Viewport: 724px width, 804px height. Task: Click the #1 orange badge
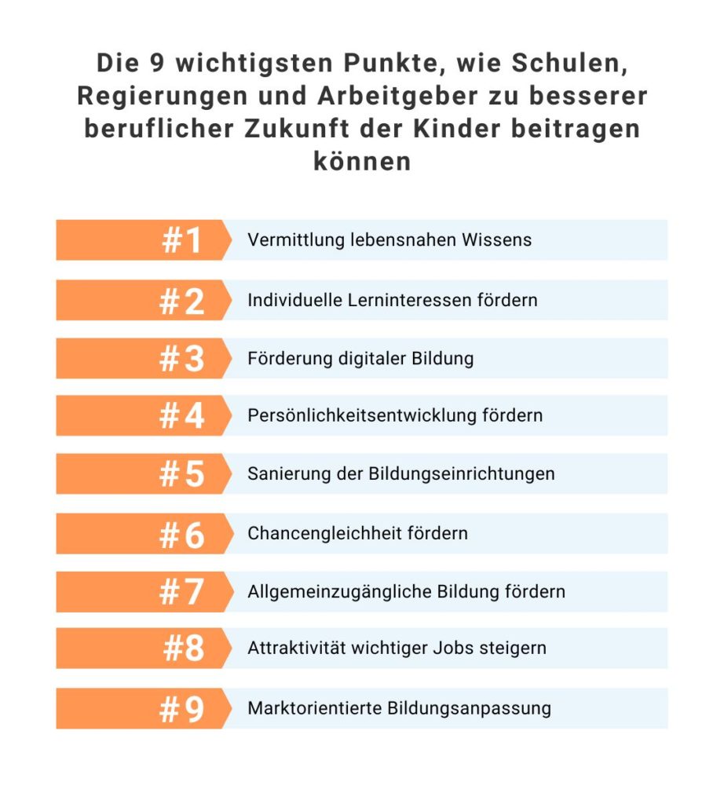point(141,240)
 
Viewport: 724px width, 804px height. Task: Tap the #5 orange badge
point(141,474)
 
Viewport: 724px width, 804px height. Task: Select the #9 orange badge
point(141,709)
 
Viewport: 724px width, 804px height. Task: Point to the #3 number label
point(182,359)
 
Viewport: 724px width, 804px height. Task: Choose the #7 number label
point(182,592)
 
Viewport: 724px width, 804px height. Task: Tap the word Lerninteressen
point(412,300)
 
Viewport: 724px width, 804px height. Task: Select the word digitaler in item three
point(362,359)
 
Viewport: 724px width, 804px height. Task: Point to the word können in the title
point(362,161)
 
